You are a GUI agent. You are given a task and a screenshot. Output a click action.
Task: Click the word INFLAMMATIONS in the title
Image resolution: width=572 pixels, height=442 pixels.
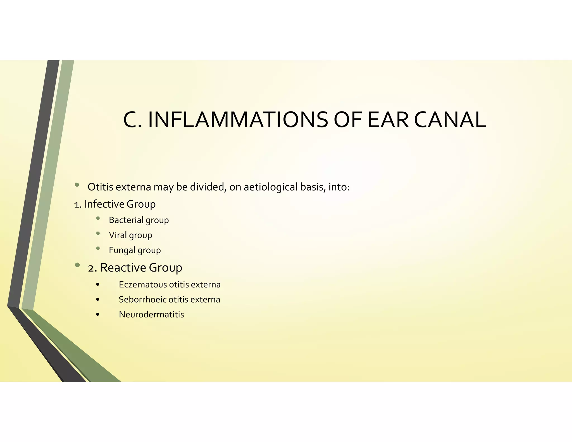coord(238,120)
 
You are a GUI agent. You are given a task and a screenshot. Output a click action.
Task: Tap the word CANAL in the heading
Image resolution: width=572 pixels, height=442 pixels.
coord(450,120)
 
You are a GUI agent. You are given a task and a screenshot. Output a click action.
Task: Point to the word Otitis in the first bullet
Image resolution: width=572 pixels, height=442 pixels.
coord(100,187)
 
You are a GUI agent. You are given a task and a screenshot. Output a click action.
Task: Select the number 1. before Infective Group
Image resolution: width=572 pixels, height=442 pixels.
coord(78,205)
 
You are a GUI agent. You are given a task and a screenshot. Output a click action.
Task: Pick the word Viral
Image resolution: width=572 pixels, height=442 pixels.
coord(118,235)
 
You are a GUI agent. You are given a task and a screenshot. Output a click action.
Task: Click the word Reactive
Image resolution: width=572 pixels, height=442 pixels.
coord(123,267)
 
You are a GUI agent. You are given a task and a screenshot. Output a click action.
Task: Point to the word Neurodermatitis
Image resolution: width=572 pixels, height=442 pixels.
coord(151,315)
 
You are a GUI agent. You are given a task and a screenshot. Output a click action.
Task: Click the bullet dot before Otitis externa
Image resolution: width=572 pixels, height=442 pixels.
coord(77,185)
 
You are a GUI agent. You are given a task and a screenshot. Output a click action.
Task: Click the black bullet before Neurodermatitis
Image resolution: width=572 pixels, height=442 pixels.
coord(97,315)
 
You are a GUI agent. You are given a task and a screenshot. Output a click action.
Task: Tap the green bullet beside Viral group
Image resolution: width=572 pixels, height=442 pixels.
coord(98,233)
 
